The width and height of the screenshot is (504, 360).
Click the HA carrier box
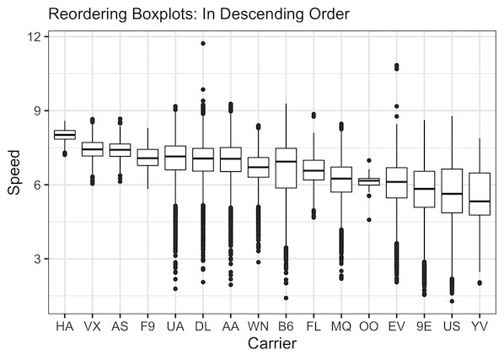(x=64, y=134)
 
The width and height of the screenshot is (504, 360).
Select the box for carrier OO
(x=368, y=181)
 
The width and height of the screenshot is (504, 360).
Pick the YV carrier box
(x=479, y=194)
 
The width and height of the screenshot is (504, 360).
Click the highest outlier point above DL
(x=203, y=43)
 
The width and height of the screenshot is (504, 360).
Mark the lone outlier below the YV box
(x=479, y=283)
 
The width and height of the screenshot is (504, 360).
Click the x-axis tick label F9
(x=147, y=325)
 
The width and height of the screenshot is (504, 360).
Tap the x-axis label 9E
(x=424, y=325)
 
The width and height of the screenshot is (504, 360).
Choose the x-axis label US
(x=451, y=325)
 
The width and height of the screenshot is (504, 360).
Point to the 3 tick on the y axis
(x=37, y=259)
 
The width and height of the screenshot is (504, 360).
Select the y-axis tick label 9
(x=37, y=110)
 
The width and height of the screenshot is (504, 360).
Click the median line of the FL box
(x=314, y=170)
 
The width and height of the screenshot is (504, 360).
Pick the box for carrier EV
(x=396, y=183)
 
